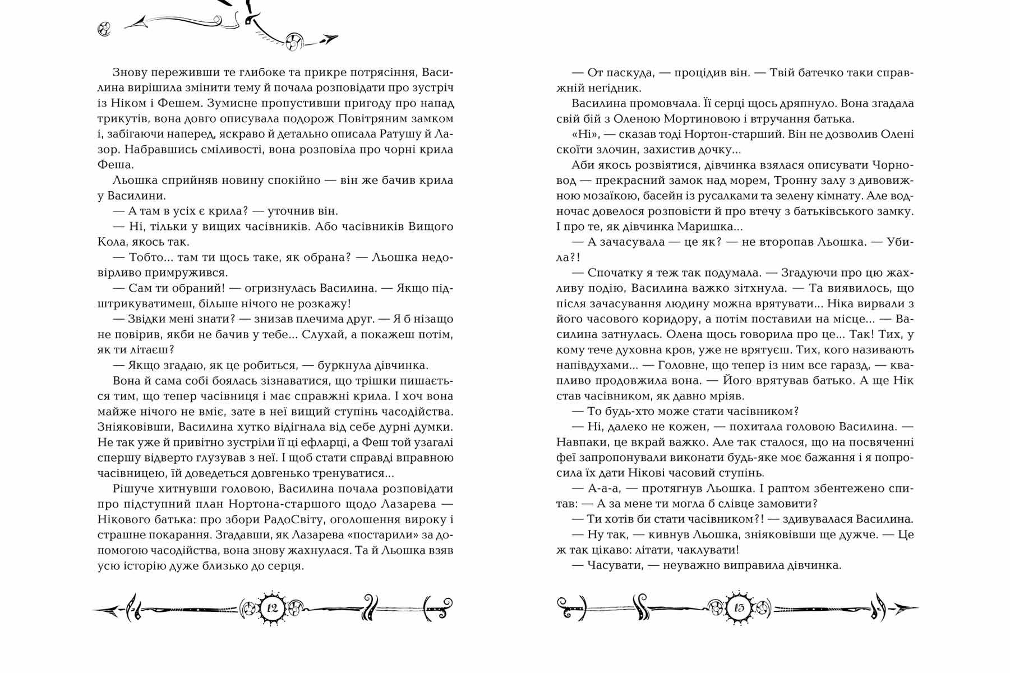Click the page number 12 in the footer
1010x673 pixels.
pos(273,608)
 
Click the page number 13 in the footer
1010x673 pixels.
pos(739,608)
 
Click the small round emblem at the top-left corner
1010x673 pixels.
pos(104,29)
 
